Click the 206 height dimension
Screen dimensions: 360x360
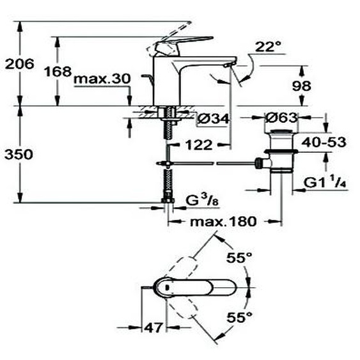[x=17, y=63]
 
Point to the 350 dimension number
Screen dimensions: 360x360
[x=17, y=154]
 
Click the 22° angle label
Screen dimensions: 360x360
[x=268, y=47]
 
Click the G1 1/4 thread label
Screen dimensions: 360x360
[x=325, y=183]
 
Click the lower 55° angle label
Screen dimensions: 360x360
[x=240, y=317]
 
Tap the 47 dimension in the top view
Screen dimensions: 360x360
[x=152, y=328]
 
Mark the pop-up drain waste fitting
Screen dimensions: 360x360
[x=280, y=153]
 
